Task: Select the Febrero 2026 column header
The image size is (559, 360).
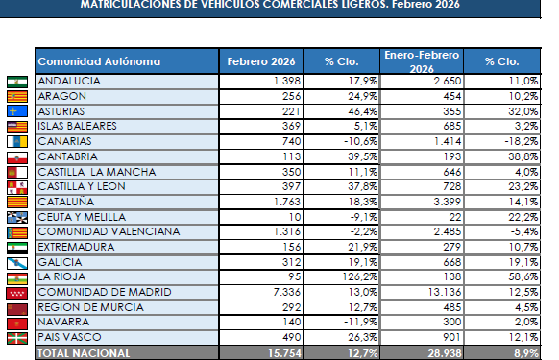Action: (x=261, y=61)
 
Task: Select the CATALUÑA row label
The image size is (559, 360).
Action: (x=65, y=202)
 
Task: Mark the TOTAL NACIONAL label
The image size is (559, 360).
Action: (x=84, y=352)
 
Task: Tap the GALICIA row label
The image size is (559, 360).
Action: (x=59, y=262)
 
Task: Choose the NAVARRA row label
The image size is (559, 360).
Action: (x=63, y=322)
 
